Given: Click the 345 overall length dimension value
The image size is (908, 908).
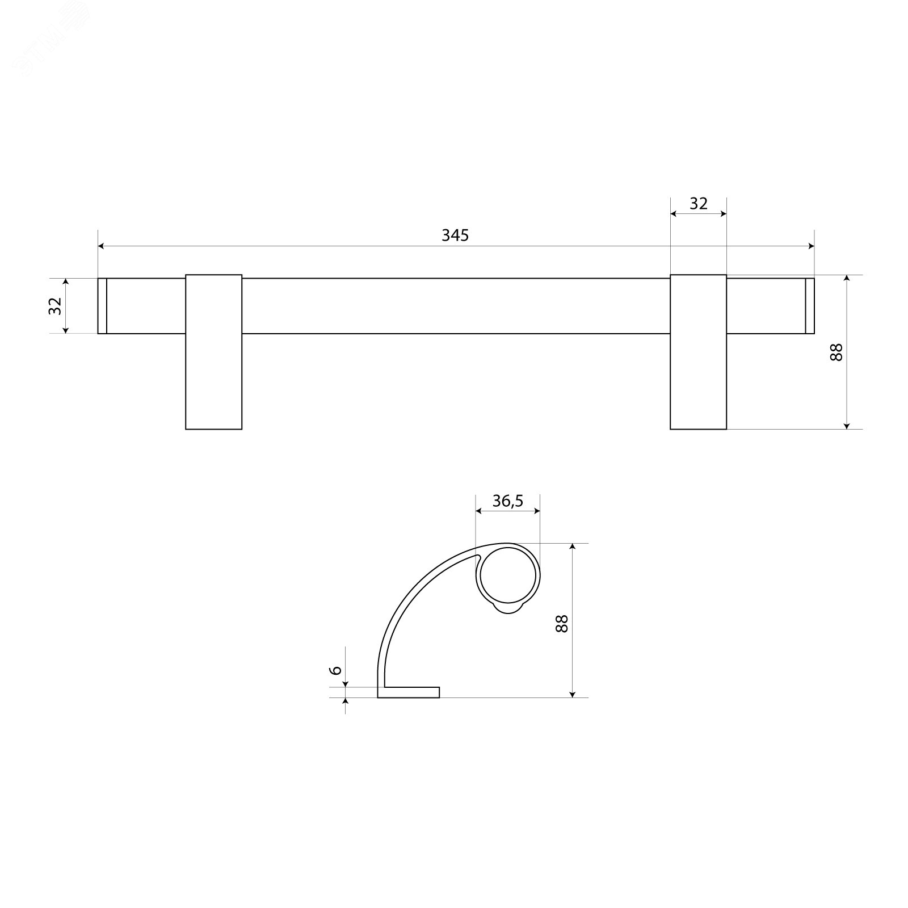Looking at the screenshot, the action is (x=455, y=235).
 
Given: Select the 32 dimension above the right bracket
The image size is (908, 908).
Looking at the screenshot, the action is (x=699, y=203).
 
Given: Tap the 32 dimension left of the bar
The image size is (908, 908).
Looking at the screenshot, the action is (x=55, y=306).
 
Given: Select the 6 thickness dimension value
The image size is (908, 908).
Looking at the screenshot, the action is (x=336, y=670).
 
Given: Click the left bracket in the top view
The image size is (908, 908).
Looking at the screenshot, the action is (x=214, y=352).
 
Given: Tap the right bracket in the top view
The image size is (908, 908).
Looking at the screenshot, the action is (x=699, y=352).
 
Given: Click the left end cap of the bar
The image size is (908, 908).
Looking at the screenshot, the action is (x=102, y=306).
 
